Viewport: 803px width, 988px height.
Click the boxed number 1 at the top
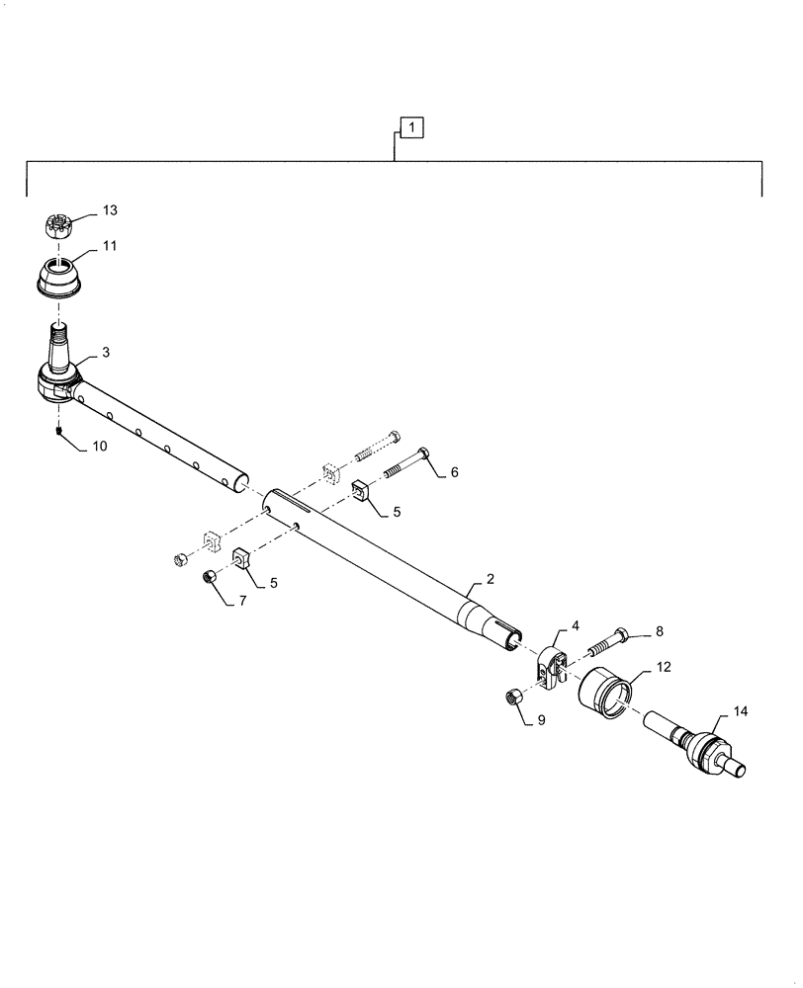click(411, 126)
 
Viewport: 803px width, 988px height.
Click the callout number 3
click(107, 353)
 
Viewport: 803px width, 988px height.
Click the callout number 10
click(100, 447)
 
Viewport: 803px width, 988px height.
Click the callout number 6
click(454, 473)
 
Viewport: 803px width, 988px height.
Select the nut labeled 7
click(210, 577)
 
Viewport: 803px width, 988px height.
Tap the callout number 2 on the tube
click(490, 579)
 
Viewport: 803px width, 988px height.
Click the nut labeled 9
click(514, 699)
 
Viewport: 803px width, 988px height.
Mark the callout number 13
click(109, 210)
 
